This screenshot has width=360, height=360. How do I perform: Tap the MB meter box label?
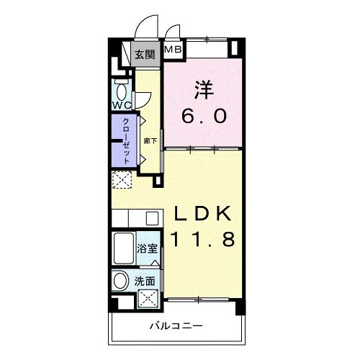(x=174, y=49)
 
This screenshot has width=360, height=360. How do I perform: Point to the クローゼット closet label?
(x=127, y=138)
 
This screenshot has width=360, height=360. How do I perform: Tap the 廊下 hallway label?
(x=148, y=142)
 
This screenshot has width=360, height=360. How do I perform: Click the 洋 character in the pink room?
(x=202, y=91)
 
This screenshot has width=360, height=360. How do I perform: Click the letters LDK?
(x=202, y=214)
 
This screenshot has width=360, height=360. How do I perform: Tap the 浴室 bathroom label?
(x=147, y=249)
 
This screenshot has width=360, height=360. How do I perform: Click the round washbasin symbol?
(x=121, y=282)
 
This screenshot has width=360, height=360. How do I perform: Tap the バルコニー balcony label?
(x=176, y=325)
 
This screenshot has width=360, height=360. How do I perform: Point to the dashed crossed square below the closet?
(x=120, y=179)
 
